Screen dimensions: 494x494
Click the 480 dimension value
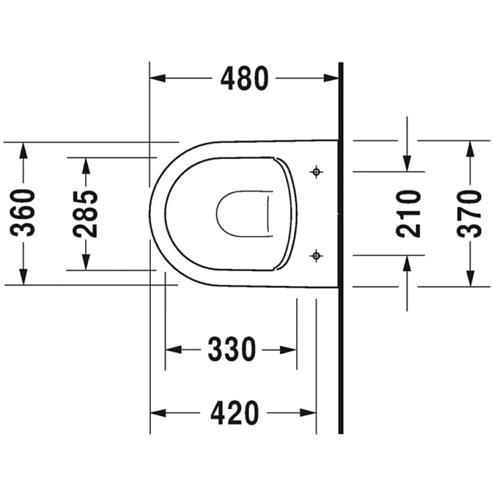pyautogui.click(x=244, y=78)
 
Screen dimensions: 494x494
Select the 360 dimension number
pyautogui.click(x=23, y=213)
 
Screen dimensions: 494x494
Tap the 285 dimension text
pyautogui.click(x=85, y=214)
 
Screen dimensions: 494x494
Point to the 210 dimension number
pyautogui.click(x=408, y=213)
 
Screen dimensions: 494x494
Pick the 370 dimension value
pyautogui.click(x=469, y=213)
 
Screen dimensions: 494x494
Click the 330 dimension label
pyautogui.click(x=232, y=349)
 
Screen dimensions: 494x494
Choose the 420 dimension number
pyautogui.click(x=235, y=413)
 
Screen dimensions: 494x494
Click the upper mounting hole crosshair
pyautogui.click(x=316, y=172)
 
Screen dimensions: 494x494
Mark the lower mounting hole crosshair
pyautogui.click(x=316, y=255)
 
